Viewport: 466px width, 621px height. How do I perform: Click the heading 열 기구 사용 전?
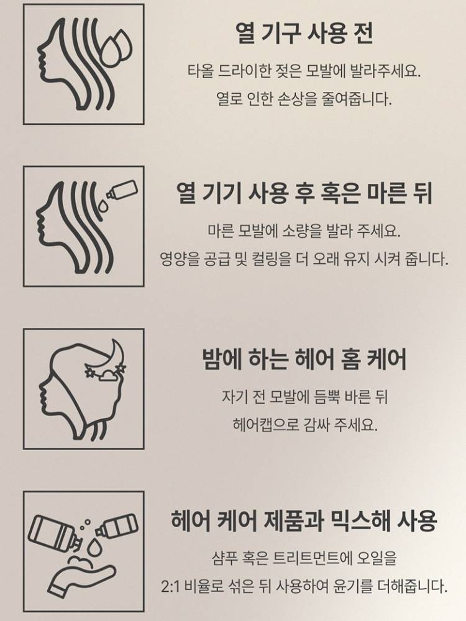(x=304, y=33)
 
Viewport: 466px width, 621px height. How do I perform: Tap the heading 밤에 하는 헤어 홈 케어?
(x=304, y=359)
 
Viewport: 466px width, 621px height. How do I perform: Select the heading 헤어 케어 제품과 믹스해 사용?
(x=304, y=520)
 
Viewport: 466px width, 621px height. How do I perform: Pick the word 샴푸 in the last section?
(x=225, y=558)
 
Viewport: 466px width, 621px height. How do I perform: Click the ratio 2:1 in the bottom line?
(x=171, y=586)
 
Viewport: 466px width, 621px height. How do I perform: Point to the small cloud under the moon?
(x=107, y=375)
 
